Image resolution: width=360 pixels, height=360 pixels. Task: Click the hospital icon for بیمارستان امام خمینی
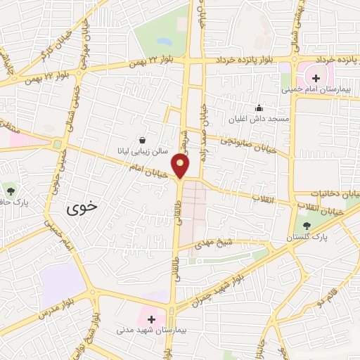point(316,77)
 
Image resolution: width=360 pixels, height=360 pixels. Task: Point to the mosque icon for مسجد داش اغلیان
point(259,108)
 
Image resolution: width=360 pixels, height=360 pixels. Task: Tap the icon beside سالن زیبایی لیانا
point(143,139)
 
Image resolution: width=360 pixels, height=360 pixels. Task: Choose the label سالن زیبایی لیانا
point(141,150)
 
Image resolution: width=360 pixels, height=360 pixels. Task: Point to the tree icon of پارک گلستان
point(307,225)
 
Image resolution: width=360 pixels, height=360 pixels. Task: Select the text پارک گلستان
point(307,240)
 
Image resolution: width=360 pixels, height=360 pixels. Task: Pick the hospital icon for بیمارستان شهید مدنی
point(150,319)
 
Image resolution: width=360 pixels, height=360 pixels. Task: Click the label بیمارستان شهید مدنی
point(147,330)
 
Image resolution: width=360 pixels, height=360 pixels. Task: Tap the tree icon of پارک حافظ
point(10,190)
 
